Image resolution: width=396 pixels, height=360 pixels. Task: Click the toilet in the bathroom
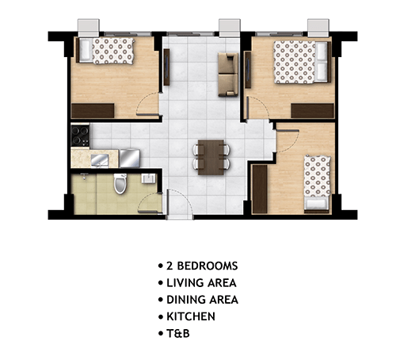click(x=120, y=183)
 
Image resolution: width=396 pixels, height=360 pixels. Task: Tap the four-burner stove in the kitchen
click(x=80, y=136)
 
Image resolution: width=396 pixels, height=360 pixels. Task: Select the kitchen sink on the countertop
click(x=100, y=160)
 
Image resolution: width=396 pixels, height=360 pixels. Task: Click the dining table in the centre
click(x=211, y=157)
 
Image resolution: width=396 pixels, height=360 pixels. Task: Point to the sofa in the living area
click(x=228, y=75)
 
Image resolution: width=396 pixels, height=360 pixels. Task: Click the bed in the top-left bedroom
click(x=106, y=51)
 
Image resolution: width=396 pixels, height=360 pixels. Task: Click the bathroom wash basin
click(x=148, y=178)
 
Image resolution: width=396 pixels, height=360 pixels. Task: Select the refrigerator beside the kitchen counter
click(x=130, y=159)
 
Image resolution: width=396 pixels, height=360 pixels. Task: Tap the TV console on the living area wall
click(x=166, y=67)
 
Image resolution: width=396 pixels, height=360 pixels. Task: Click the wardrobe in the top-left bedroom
click(x=93, y=111)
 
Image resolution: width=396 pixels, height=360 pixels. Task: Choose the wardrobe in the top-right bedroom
click(x=312, y=111)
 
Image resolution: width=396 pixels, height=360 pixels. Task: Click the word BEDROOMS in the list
click(x=208, y=266)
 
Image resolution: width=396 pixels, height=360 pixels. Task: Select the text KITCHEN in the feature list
click(x=191, y=316)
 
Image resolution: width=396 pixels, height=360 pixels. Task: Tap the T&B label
click(x=178, y=333)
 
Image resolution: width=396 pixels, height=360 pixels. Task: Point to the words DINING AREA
click(x=203, y=300)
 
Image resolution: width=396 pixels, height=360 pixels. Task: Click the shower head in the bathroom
click(x=84, y=176)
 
